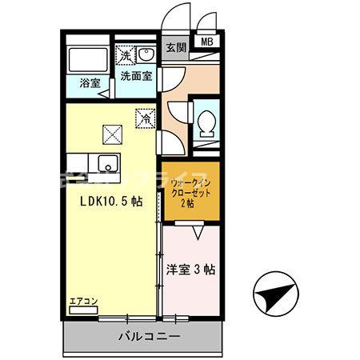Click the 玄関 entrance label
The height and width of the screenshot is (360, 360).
click(x=176, y=47)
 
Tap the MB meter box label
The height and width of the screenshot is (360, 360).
click(x=207, y=42)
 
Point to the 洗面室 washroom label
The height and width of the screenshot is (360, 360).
click(x=136, y=78)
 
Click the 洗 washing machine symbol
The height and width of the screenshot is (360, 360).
click(x=126, y=55)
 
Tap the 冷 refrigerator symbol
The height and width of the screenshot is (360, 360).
click(x=146, y=117)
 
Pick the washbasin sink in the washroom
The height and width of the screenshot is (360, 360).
click(x=148, y=54)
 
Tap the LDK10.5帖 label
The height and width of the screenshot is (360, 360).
click(x=110, y=202)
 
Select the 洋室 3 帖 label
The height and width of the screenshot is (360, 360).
click(x=190, y=270)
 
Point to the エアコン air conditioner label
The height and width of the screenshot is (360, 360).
click(x=82, y=302)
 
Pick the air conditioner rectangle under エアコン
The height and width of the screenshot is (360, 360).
click(x=82, y=310)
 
